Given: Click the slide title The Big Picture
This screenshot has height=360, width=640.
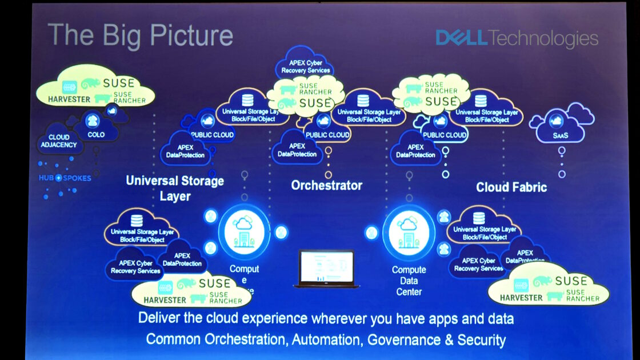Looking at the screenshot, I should pos(140,35).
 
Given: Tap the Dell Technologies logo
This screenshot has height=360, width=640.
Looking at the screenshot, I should pos(517,38).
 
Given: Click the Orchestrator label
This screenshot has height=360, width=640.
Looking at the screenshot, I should pos(326,186).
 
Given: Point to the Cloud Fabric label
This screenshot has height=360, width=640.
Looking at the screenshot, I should pos(511,187).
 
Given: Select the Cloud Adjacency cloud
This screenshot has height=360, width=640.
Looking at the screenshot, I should pos(59,141).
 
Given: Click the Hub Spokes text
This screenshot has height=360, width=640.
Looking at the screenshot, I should pos(65,178).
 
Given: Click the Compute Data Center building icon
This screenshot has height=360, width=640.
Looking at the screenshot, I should pos(409,232).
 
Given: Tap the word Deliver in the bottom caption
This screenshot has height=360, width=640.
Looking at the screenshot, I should pos(158,318).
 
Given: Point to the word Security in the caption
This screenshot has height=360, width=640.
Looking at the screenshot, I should pos(481,340).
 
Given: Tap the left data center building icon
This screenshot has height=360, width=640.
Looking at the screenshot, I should pos(244,232).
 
